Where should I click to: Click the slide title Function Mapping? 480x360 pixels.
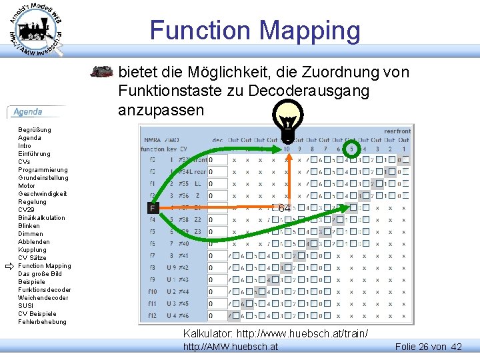255,31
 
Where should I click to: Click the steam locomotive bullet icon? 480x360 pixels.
102,72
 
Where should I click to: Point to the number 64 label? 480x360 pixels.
284,209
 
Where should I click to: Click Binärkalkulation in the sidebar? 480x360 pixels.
42,218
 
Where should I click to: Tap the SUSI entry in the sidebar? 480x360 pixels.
25,306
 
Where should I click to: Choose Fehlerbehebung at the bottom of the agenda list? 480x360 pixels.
43,322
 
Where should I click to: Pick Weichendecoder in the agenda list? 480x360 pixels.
42,298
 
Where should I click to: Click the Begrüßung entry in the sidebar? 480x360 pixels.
35,130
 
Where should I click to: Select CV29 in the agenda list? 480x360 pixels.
27,210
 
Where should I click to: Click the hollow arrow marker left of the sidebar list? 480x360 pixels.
9,266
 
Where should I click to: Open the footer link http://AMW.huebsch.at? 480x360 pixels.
231,347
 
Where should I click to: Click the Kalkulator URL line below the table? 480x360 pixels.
275,333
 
